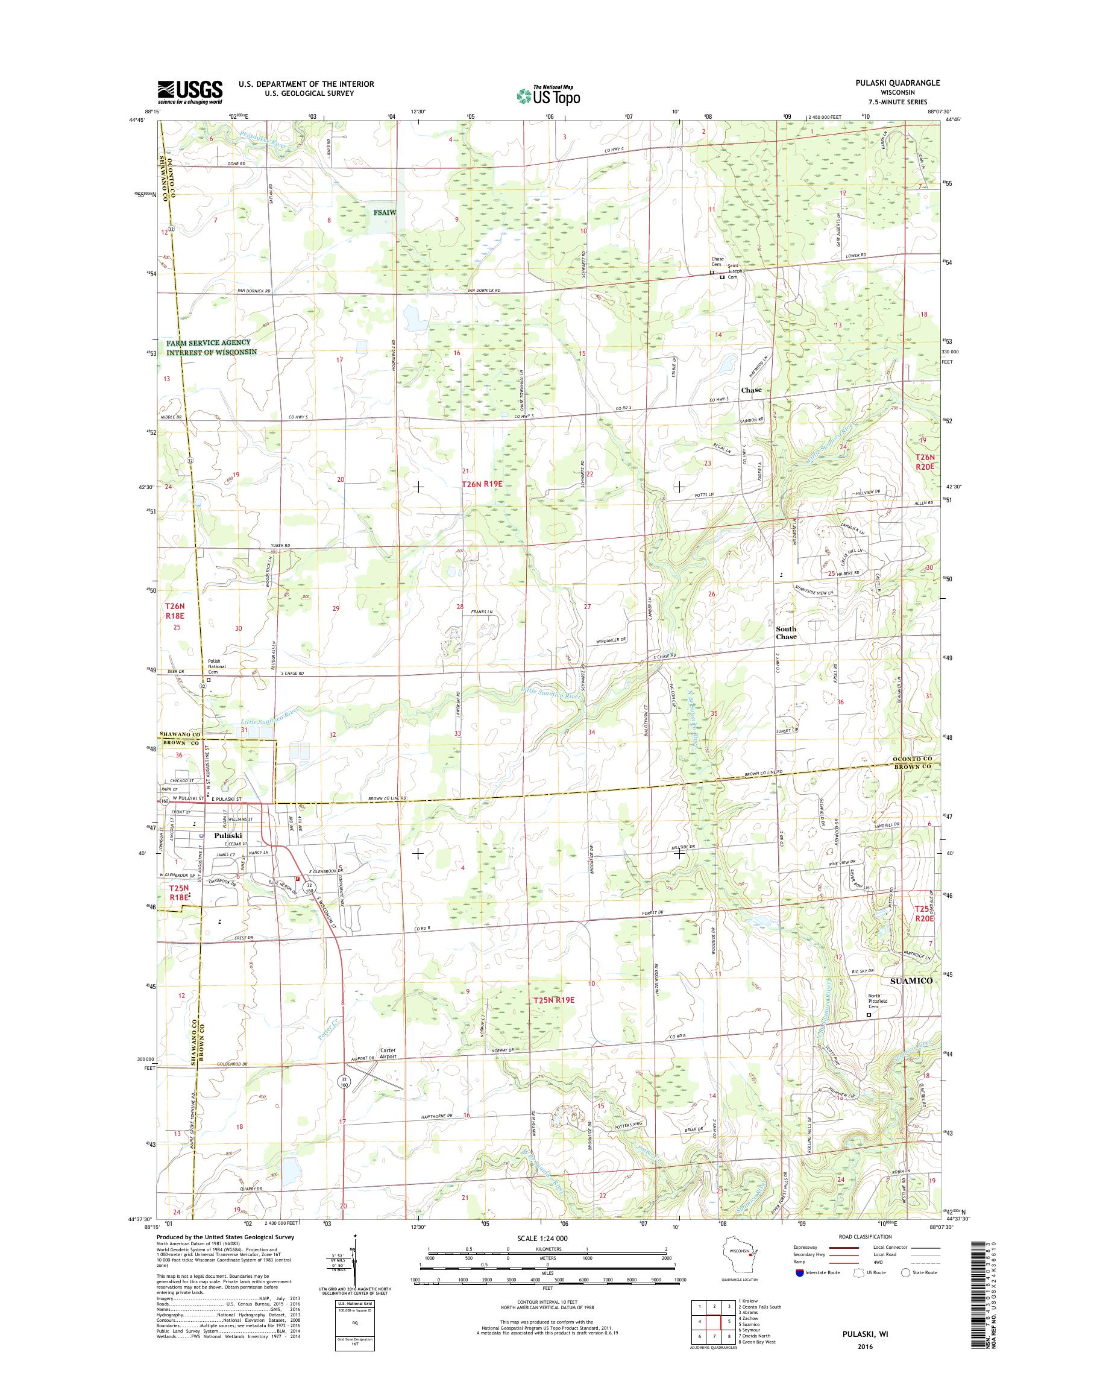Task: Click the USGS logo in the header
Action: coord(190,92)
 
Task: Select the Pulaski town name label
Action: coord(228,836)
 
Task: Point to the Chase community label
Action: coord(751,390)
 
